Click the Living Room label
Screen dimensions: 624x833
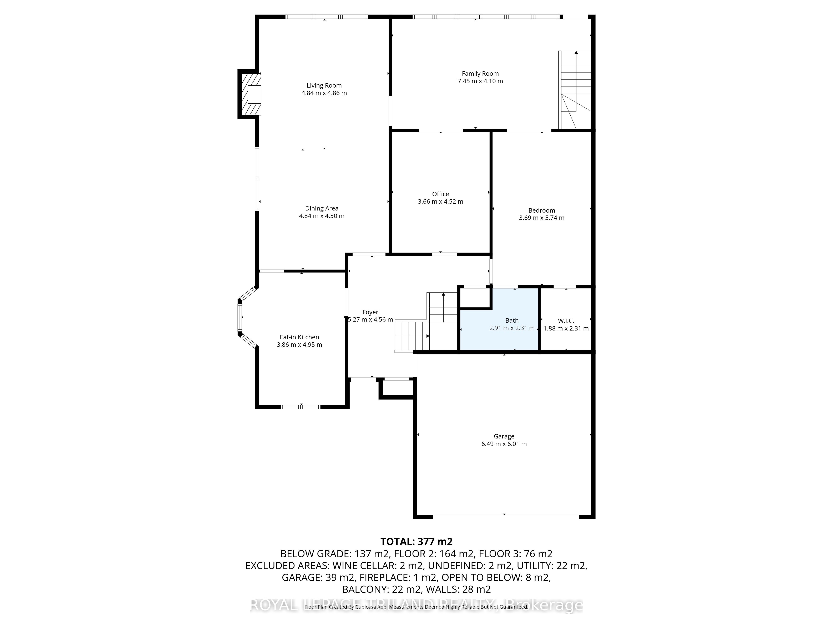(x=324, y=85)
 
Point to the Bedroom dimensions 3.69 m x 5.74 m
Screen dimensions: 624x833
(x=541, y=218)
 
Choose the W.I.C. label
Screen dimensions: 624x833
(x=566, y=321)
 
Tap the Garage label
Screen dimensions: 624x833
(x=504, y=436)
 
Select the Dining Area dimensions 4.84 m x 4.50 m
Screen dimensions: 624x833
(x=322, y=216)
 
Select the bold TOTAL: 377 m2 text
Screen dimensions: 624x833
(x=416, y=542)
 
